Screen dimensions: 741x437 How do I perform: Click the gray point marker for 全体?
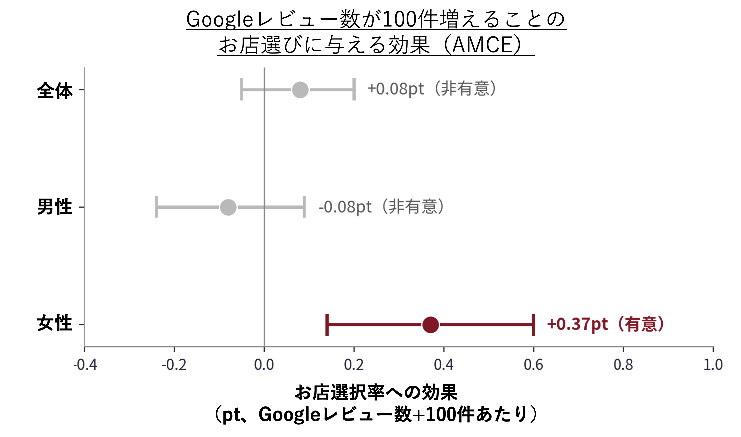pyautogui.click(x=300, y=90)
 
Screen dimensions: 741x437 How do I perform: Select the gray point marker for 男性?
pyautogui.click(x=228, y=207)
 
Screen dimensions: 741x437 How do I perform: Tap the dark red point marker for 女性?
pyautogui.click(x=431, y=325)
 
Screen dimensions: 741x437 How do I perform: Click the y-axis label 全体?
pyautogui.click(x=55, y=91)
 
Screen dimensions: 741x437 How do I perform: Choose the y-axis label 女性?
pyautogui.click(x=55, y=323)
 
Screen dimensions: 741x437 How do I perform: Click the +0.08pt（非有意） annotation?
pyautogui.click(x=432, y=89)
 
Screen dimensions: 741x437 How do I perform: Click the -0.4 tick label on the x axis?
pyautogui.click(x=85, y=365)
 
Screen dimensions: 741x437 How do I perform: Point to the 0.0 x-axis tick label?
pyautogui.click(x=264, y=365)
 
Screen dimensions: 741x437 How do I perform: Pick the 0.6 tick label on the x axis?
pyautogui.click(x=534, y=365)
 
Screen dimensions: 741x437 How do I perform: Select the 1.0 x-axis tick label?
pyautogui.click(x=713, y=365)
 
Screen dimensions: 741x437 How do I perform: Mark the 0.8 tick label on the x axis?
pyautogui.click(x=623, y=365)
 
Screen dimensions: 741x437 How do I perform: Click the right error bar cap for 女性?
pyautogui.click(x=534, y=325)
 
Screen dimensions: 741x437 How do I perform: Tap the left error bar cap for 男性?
pyautogui.click(x=156, y=207)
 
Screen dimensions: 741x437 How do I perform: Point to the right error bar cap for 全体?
pyautogui.click(x=354, y=90)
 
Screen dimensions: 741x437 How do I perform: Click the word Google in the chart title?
pyautogui.click(x=220, y=19)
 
